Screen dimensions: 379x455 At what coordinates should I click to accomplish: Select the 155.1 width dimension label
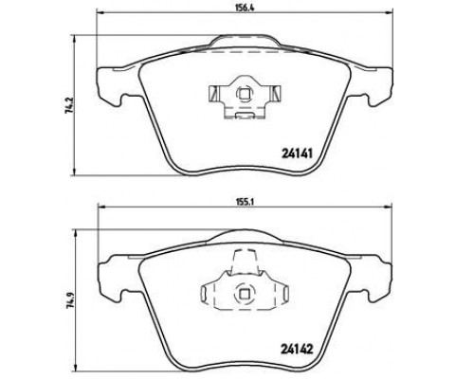pos(244,200)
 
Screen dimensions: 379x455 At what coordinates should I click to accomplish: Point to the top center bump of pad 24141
pos(245,41)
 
